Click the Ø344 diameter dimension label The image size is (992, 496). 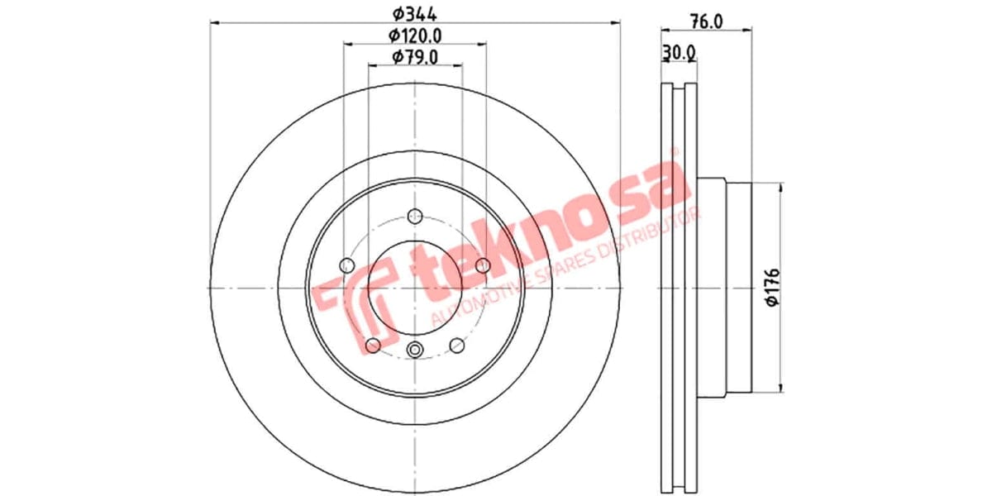[x=414, y=14]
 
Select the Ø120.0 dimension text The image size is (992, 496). [x=415, y=36]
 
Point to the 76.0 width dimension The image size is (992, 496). [x=707, y=22]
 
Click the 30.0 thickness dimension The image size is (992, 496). [x=679, y=53]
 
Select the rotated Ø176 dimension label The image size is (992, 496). [x=772, y=288]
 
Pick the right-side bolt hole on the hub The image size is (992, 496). [x=484, y=265]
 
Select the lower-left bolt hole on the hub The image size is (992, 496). [x=373, y=344]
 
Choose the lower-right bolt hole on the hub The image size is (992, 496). [x=457, y=344]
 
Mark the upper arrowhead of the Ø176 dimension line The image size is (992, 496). [x=780, y=188]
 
